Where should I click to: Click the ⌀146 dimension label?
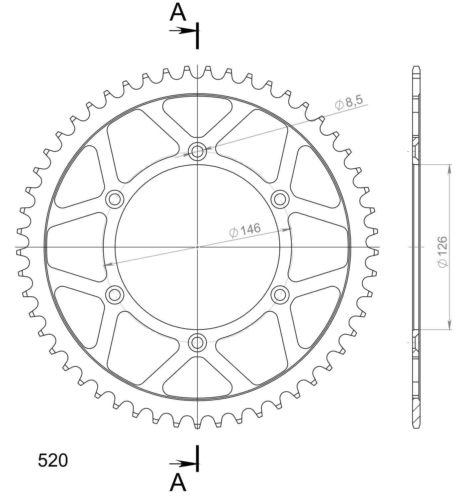click(x=245, y=230)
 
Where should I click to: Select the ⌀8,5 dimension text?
click(x=349, y=102)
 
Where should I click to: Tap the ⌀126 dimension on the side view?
click(x=442, y=251)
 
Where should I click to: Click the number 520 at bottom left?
click(x=53, y=461)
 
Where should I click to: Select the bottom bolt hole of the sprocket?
click(x=197, y=342)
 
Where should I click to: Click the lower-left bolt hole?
click(x=115, y=294)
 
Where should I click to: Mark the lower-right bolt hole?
click(x=280, y=294)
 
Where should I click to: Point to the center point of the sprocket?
click(x=197, y=247)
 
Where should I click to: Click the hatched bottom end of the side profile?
click(x=416, y=414)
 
